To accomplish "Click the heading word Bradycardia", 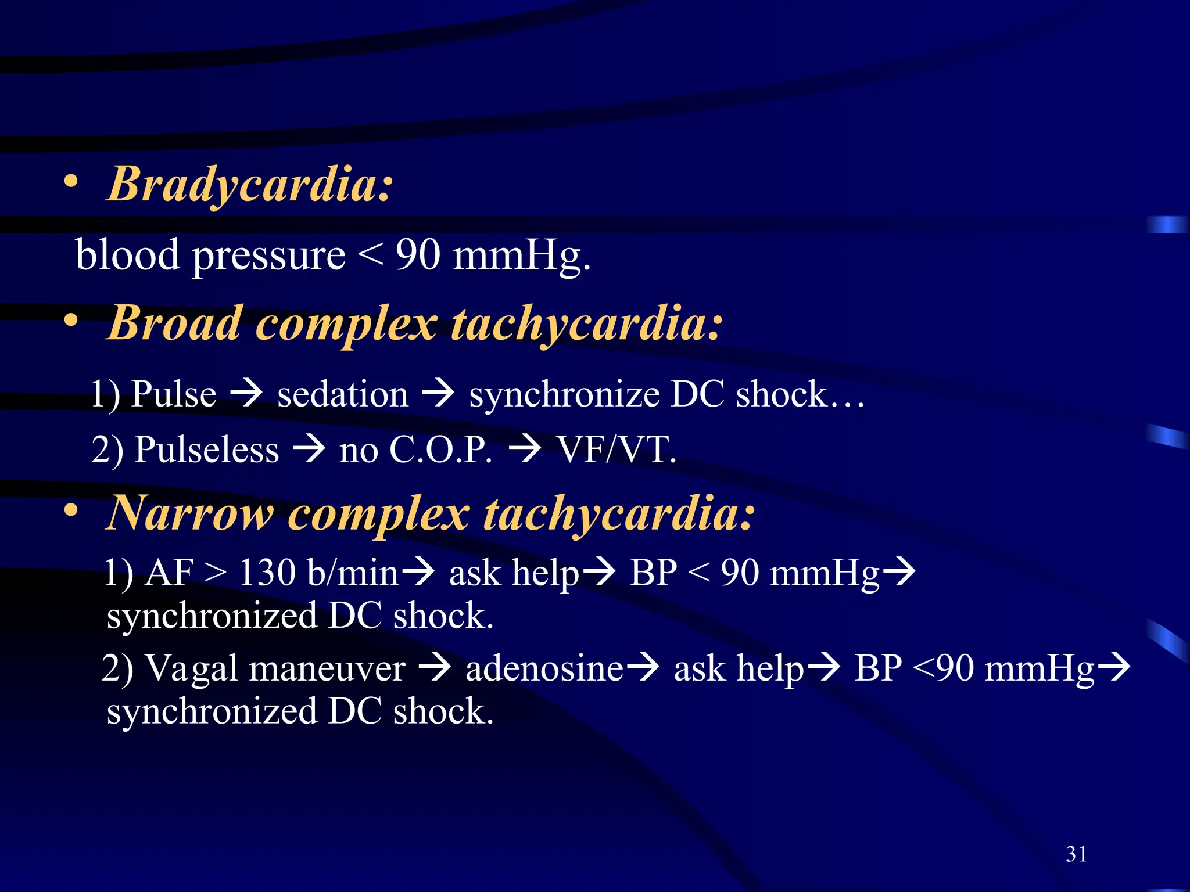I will pos(250,185).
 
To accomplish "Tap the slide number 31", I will pos(1076,854).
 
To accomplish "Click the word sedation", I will pos(343,394).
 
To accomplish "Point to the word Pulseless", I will pos(206,449).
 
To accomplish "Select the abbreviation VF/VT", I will pos(616,449).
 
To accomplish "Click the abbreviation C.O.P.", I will pos(440,449).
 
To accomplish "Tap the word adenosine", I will pos(544,668).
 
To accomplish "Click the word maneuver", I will pos(327,668).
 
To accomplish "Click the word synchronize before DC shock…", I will pos(564,394).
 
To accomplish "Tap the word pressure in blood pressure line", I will pos(268,256).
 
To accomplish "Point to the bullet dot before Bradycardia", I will pos(71,182).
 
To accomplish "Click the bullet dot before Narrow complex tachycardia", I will pos(71,510).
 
